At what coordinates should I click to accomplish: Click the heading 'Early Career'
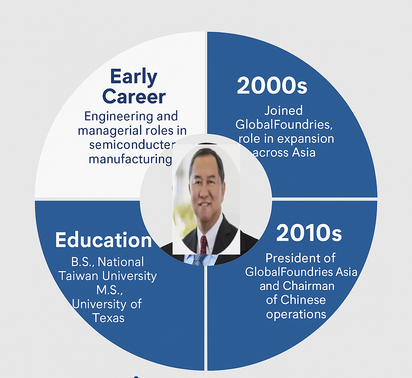point(134,86)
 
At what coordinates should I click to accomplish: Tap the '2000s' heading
point(272,85)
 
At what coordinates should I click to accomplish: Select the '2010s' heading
point(309,233)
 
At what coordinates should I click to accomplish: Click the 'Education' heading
point(103,240)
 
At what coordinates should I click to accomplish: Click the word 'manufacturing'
point(130,159)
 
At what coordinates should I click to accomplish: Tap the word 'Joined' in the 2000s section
point(283,111)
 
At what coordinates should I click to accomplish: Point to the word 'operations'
point(296,314)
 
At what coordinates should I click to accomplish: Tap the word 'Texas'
point(108,318)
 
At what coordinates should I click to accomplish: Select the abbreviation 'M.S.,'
point(110,290)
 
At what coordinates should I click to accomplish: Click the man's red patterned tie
point(204,244)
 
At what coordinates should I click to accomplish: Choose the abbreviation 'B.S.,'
point(83,262)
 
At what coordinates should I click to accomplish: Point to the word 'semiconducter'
point(132,145)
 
